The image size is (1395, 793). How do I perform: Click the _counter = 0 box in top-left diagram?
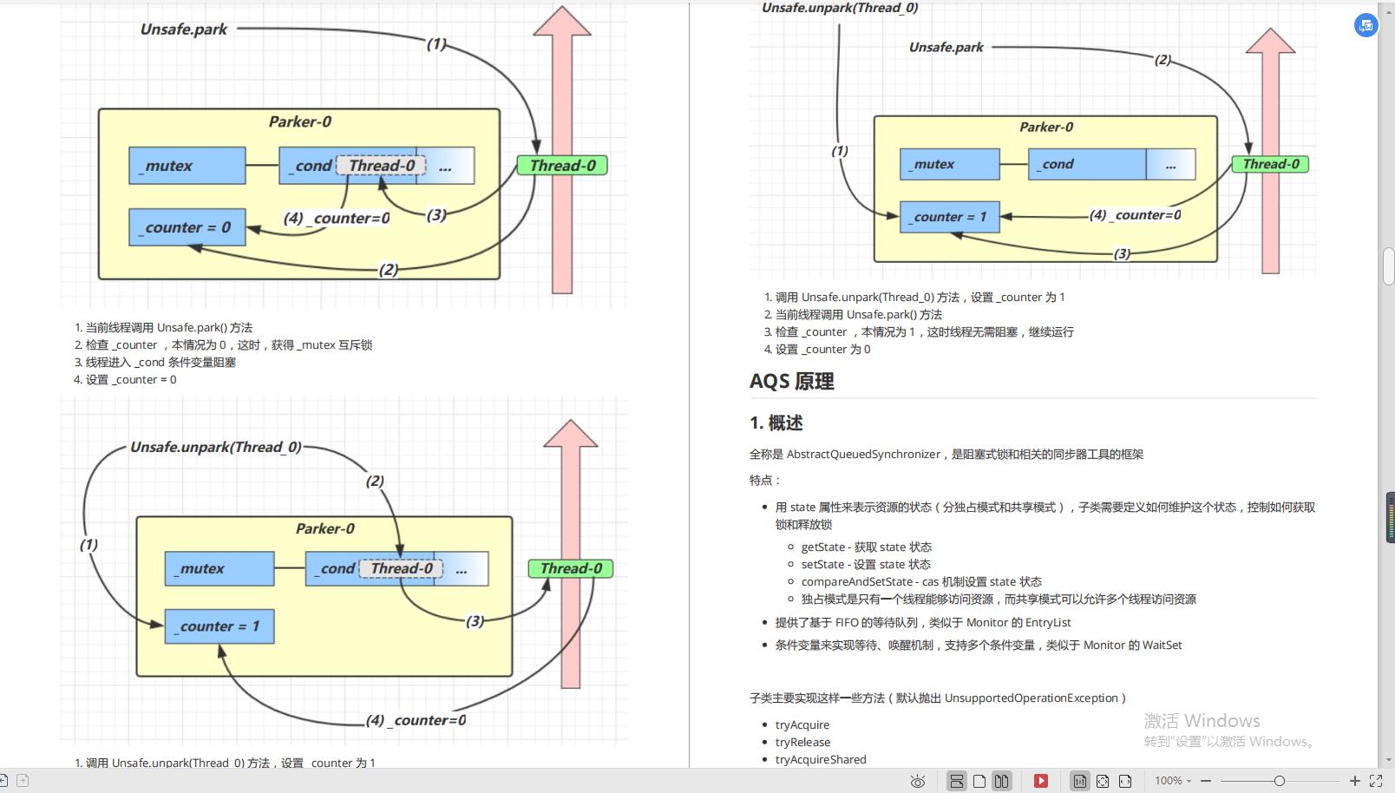[x=187, y=227]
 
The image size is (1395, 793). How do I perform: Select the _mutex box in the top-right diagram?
[x=949, y=164]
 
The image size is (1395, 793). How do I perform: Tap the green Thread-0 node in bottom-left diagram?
[x=571, y=568]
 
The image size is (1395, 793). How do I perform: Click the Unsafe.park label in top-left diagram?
[x=183, y=29]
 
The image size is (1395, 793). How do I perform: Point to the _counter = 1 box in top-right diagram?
[x=949, y=217]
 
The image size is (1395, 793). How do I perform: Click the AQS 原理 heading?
[x=791, y=382]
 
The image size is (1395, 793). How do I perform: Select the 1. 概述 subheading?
[x=776, y=423]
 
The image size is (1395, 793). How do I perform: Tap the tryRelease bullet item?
[x=802, y=742]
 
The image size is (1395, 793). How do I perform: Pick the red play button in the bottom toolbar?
[x=1041, y=781]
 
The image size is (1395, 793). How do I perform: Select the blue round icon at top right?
[x=1366, y=25]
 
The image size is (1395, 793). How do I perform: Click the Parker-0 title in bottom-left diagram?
[x=324, y=528]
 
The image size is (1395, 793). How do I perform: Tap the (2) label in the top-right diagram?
[x=1162, y=60]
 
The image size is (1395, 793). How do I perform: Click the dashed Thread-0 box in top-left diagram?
[x=381, y=165]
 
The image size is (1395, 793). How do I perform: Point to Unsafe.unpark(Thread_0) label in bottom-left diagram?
[x=215, y=447]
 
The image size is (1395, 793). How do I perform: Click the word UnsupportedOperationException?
[x=1031, y=698]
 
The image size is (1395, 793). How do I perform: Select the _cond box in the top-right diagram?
[x=1086, y=164]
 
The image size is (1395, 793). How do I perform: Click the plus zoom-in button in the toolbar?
[x=1354, y=781]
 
